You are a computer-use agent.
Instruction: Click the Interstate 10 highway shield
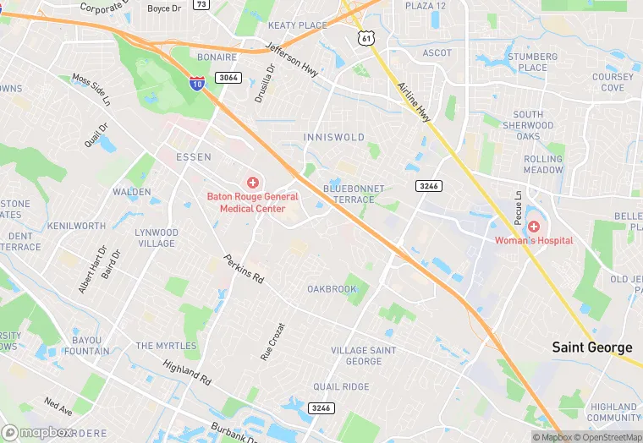tap(195, 82)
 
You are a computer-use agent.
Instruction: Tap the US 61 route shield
tap(365, 38)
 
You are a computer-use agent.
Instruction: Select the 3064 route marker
tap(228, 78)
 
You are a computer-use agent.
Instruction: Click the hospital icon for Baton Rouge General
tap(252, 183)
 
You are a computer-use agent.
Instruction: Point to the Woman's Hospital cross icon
tap(534, 227)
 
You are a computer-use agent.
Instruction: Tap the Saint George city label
tap(591, 347)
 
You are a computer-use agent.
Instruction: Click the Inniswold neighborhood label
tap(333, 137)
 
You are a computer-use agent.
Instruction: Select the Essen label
tap(193, 157)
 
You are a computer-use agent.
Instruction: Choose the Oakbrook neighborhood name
tap(332, 289)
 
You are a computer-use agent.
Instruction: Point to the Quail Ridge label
tap(341, 386)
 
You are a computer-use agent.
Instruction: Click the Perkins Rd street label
tap(244, 269)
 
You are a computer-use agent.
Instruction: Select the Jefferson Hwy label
tap(291, 61)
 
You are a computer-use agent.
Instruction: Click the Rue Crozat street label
tap(272, 342)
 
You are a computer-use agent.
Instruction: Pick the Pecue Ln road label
tap(518, 207)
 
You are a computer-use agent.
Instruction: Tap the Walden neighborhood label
tap(131, 193)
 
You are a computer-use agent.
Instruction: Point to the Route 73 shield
tap(201, 4)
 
